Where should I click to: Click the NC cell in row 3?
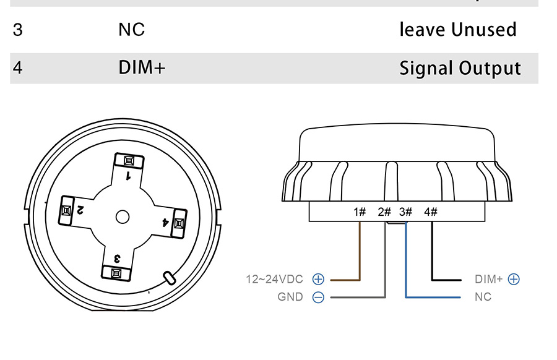[131, 30]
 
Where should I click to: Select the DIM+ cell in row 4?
[142, 67]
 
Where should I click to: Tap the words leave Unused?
[457, 30]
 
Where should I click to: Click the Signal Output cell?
[460, 67]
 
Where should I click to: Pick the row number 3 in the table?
[17, 30]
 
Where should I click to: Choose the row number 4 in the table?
[17, 67]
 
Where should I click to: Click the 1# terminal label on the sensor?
[360, 212]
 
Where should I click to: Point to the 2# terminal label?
[384, 212]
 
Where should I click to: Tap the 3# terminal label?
[406, 212]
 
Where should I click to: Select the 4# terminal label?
[431, 212]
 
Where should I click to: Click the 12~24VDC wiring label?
[276, 279]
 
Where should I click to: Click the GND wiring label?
[290, 297]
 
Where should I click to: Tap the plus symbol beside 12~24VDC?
[318, 279]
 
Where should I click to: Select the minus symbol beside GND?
[318, 297]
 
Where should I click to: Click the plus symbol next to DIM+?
[514, 279]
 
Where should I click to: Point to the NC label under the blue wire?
[483, 297]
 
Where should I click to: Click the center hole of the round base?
[123, 216]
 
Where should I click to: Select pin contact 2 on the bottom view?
[66, 211]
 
